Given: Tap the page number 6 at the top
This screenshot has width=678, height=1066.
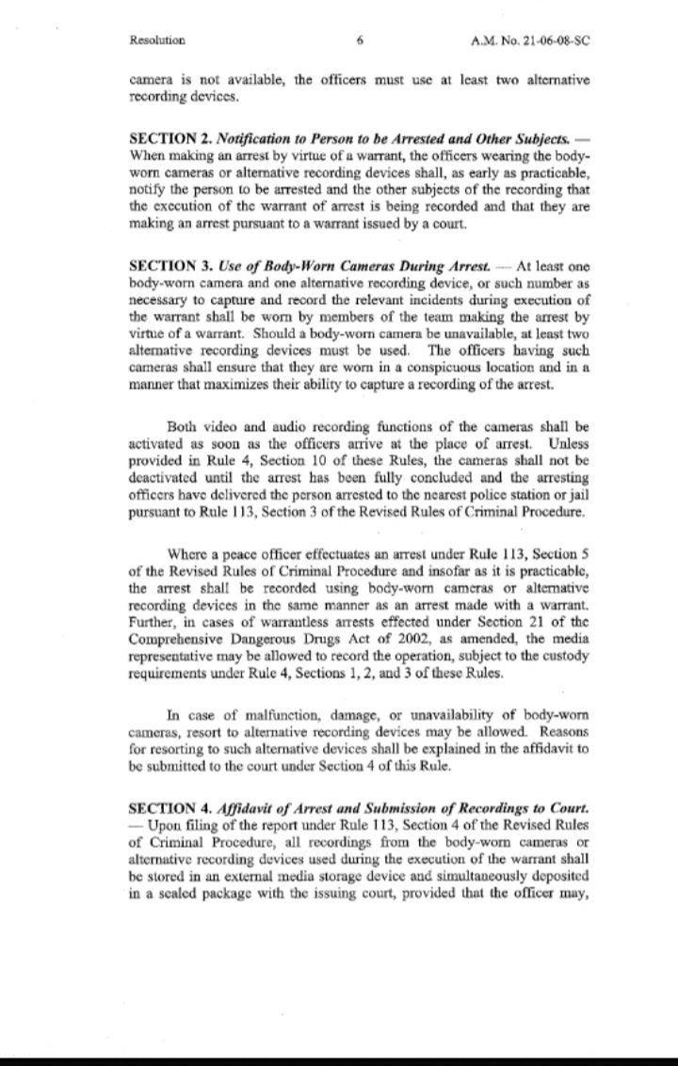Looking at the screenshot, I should click(x=361, y=40).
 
